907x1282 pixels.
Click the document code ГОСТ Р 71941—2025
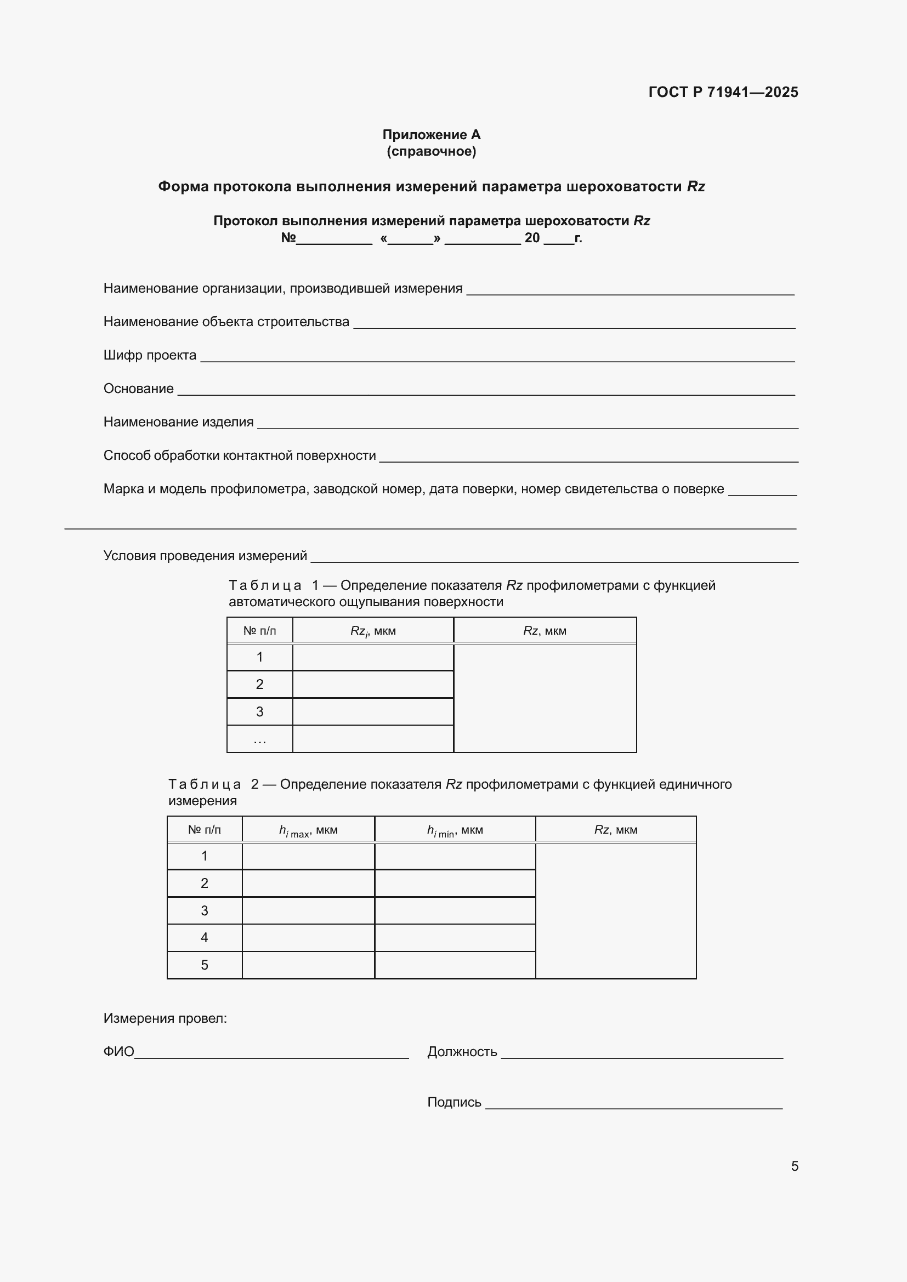coord(723,92)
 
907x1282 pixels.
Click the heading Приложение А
coord(431,135)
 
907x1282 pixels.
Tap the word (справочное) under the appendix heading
coord(431,151)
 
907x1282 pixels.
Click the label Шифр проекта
coord(150,355)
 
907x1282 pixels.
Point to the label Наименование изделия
coord(178,422)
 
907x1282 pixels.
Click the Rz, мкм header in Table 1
coord(545,631)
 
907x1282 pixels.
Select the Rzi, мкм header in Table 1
coord(372,631)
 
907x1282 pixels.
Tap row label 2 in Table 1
coord(260,684)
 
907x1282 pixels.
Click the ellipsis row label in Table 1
coord(260,739)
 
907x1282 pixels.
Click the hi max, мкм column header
coord(308,830)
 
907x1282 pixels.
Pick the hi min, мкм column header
coord(455,830)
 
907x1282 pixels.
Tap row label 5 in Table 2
coord(205,965)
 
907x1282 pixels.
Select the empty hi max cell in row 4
coord(308,938)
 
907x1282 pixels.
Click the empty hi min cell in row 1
coord(455,856)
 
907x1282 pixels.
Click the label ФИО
coord(118,1052)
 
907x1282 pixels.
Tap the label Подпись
coord(453,1102)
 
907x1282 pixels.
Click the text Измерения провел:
coord(165,1018)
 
